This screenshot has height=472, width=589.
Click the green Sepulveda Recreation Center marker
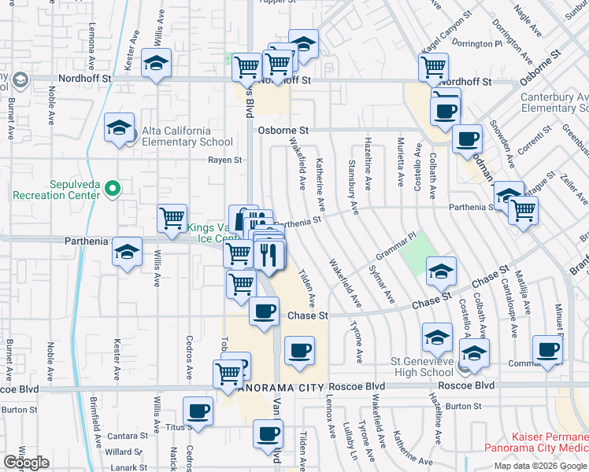[113, 189]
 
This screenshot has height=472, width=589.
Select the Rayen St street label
[224, 160]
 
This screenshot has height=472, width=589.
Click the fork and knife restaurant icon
[269, 256]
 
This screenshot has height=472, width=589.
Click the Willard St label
[123, 452]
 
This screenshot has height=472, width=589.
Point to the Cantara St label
[123, 435]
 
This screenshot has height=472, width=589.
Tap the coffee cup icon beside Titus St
[198, 411]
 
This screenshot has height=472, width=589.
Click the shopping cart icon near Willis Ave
[172, 219]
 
